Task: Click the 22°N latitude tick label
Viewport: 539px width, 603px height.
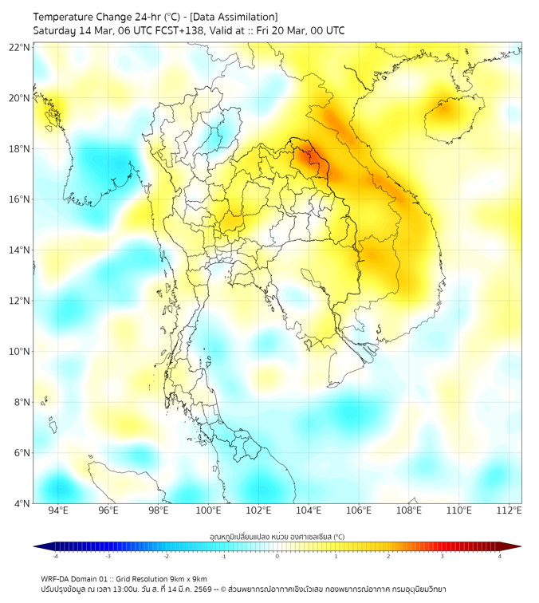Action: [20, 48]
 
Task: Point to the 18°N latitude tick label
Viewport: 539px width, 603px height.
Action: [20, 149]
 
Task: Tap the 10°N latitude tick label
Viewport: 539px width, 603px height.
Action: [20, 352]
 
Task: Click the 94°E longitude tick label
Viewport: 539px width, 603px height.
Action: [58, 511]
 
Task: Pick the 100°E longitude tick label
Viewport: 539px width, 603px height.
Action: [208, 511]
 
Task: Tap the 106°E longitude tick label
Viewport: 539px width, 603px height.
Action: [359, 511]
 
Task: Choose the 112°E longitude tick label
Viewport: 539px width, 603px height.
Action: [509, 511]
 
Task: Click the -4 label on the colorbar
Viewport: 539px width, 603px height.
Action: [54, 556]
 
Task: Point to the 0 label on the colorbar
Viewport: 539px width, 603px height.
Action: [277, 556]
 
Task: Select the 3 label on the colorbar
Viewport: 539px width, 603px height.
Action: [443, 556]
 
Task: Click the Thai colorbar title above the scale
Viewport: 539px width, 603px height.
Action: [277, 537]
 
